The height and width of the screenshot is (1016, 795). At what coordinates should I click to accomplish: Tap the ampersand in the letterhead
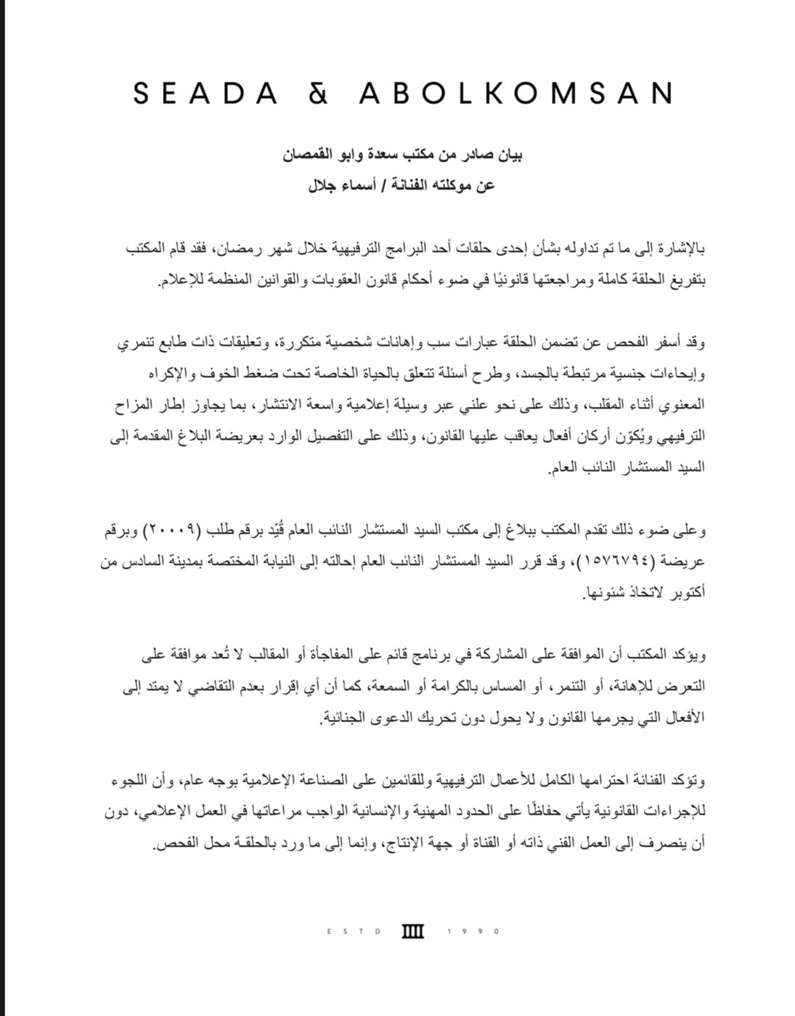[x=318, y=94]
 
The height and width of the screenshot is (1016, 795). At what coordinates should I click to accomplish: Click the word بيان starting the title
[x=510, y=155]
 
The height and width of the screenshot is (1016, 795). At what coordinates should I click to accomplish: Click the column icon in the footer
[x=412, y=931]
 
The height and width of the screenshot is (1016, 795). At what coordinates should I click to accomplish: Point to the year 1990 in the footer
[x=476, y=931]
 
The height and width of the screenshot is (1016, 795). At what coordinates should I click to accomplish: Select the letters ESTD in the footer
[x=355, y=931]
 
